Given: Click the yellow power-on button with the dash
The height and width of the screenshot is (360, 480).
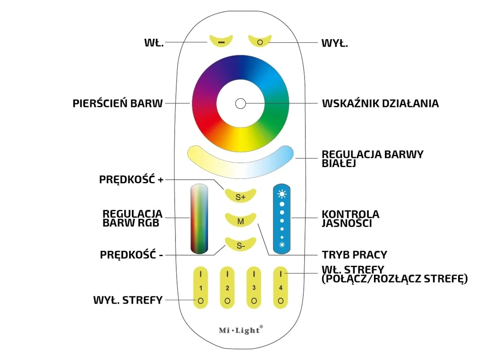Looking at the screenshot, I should pos(221,41).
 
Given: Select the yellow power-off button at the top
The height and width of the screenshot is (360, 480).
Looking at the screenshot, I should pos(260,41).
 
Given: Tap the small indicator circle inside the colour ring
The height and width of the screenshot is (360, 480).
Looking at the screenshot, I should pos(240,103).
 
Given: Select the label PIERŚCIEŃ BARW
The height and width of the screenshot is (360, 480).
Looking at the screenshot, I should pos(118,103).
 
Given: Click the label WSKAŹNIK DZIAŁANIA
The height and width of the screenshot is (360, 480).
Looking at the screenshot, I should pos(380,103).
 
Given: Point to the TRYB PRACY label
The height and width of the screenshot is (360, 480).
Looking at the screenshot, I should pos(354,255).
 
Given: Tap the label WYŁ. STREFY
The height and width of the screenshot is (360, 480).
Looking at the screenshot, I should pos(128,300).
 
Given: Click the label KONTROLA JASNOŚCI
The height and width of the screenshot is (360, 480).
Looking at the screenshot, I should pos(350,219).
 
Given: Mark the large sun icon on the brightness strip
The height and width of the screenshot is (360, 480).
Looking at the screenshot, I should pos(282,194).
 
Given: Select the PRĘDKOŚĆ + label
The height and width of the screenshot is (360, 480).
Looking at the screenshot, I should pos(131,179).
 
